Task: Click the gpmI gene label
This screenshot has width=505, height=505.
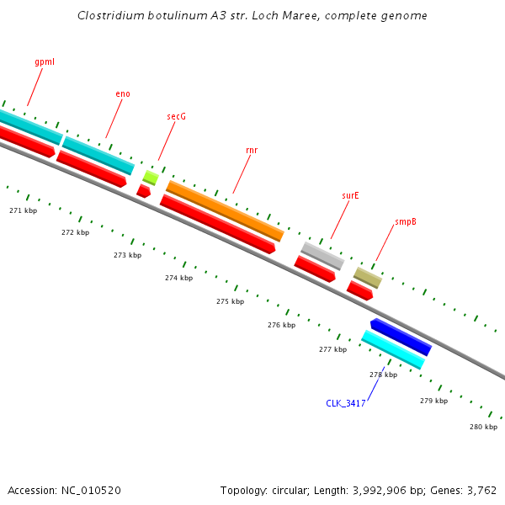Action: click(x=45, y=62)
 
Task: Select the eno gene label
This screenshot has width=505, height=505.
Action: click(x=123, y=93)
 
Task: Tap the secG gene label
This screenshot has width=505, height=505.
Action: click(x=176, y=116)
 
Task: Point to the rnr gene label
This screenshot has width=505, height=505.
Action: click(x=252, y=150)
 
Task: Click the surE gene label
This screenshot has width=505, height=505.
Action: click(x=350, y=195)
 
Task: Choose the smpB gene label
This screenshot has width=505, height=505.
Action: click(x=406, y=222)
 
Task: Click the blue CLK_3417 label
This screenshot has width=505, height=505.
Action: click(x=345, y=403)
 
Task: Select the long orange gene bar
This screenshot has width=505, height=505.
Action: click(x=225, y=210)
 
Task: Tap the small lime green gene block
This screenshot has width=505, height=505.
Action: click(x=151, y=177)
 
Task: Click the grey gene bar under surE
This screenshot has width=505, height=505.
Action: click(x=322, y=255)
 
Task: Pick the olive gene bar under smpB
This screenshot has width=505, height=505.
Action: click(x=367, y=277)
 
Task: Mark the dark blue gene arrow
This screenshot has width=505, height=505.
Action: click(x=401, y=337)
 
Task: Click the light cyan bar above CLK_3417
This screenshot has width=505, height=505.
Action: click(x=392, y=349)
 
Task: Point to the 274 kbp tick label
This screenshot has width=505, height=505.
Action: click(x=178, y=278)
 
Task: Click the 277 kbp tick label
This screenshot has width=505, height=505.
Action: click(x=332, y=348)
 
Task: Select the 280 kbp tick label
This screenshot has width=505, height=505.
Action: click(x=483, y=427)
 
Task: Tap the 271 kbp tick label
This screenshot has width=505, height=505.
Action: click(x=23, y=210)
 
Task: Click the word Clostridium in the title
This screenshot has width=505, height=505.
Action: click(x=107, y=15)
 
